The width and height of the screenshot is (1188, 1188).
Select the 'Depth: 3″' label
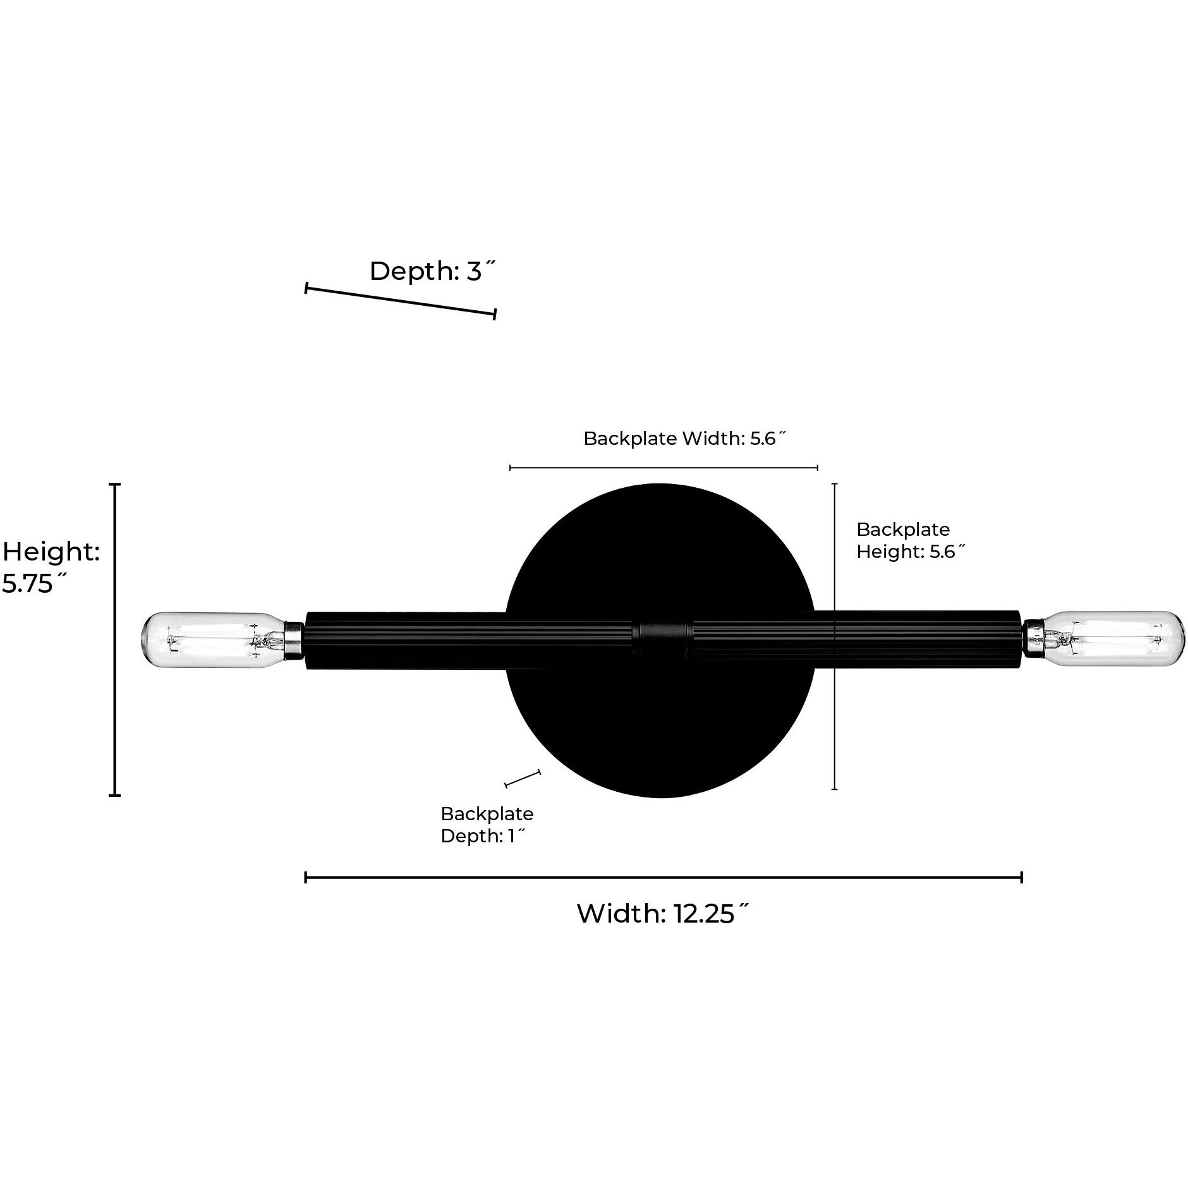click(x=432, y=271)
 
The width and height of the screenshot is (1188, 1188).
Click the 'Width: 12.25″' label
click(x=663, y=914)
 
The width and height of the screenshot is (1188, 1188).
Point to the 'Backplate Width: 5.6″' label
click(x=684, y=439)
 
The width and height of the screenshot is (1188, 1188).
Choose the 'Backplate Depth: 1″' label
click(x=487, y=825)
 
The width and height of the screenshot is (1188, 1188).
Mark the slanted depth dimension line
click(x=401, y=301)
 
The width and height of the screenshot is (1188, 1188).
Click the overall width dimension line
click(x=664, y=877)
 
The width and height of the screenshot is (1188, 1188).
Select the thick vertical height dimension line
click(x=115, y=639)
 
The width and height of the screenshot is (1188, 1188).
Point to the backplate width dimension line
click(x=664, y=468)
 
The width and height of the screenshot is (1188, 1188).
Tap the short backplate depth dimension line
click(x=523, y=779)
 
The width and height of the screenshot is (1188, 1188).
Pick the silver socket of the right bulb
click(x=1032, y=639)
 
